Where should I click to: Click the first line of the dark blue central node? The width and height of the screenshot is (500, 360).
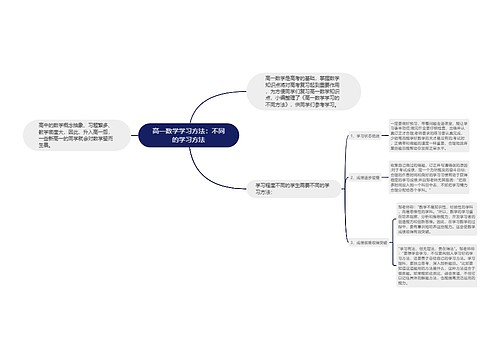[190, 131]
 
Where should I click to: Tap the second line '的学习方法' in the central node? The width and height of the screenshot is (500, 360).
[190, 142]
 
